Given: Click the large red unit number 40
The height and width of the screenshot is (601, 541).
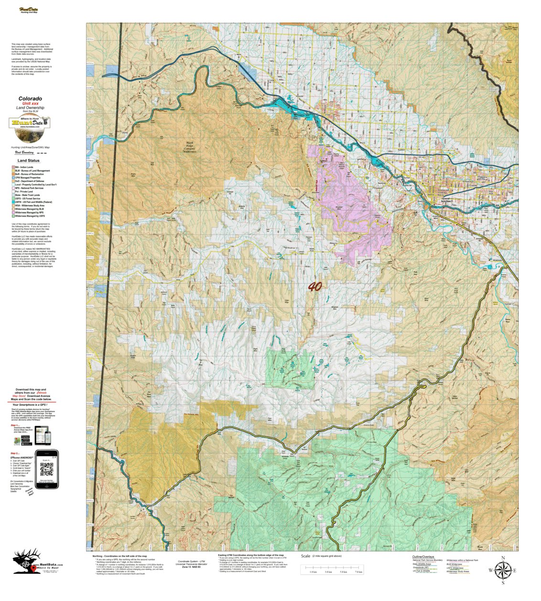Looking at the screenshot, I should point(314,286).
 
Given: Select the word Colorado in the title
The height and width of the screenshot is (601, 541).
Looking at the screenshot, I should point(30,99).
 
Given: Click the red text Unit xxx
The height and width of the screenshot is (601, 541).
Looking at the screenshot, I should point(30,104).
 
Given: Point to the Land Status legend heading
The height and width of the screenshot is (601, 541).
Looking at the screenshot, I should point(29,161).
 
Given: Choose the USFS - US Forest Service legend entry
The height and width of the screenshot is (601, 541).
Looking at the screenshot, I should point(29,199).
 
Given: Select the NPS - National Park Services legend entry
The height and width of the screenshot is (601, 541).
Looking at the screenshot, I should point(30,188).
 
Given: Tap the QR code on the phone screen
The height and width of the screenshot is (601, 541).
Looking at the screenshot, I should point(46,469).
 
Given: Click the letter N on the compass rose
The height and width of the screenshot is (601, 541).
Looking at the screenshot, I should point(503,558).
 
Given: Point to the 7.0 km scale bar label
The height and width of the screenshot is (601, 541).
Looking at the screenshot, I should point(358,572).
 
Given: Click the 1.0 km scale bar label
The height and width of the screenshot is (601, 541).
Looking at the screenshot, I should point(314,572).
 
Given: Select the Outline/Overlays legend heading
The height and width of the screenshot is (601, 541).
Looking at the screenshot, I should point(423,557).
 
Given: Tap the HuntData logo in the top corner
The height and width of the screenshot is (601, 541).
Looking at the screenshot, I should point(29,10).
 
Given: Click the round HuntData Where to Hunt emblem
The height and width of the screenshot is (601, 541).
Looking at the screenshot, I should point(30,123).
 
